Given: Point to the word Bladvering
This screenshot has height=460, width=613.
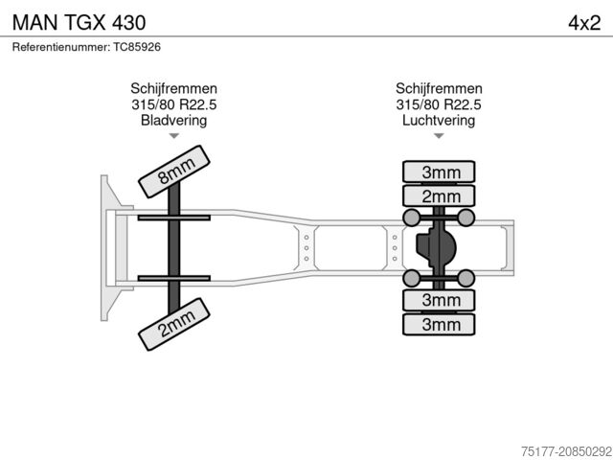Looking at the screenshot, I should pyautogui.click(x=173, y=121).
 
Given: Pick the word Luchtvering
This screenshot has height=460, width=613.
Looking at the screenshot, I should pyautogui.click(x=438, y=121).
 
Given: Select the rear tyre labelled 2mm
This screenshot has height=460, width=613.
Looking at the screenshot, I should pyautogui.click(x=440, y=196).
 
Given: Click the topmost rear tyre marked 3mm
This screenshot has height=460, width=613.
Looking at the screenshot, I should pyautogui.click(x=440, y=172).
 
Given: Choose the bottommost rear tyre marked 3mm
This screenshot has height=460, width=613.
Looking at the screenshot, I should pyautogui.click(x=440, y=324).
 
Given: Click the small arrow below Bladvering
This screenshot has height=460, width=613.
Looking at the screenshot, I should pyautogui.click(x=173, y=137).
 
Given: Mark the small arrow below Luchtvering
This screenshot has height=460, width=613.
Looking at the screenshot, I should pyautogui.click(x=439, y=137).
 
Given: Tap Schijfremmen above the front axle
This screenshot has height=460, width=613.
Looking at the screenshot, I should pyautogui.click(x=173, y=88).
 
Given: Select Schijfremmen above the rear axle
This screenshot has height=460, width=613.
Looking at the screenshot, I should pyautogui.click(x=438, y=88).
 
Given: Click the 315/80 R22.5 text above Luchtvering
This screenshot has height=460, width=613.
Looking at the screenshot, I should pyautogui.click(x=438, y=104).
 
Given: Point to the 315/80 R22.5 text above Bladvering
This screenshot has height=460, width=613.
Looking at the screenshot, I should pyautogui.click(x=173, y=104).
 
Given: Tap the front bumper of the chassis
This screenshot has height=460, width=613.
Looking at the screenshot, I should pyautogui.click(x=104, y=248).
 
